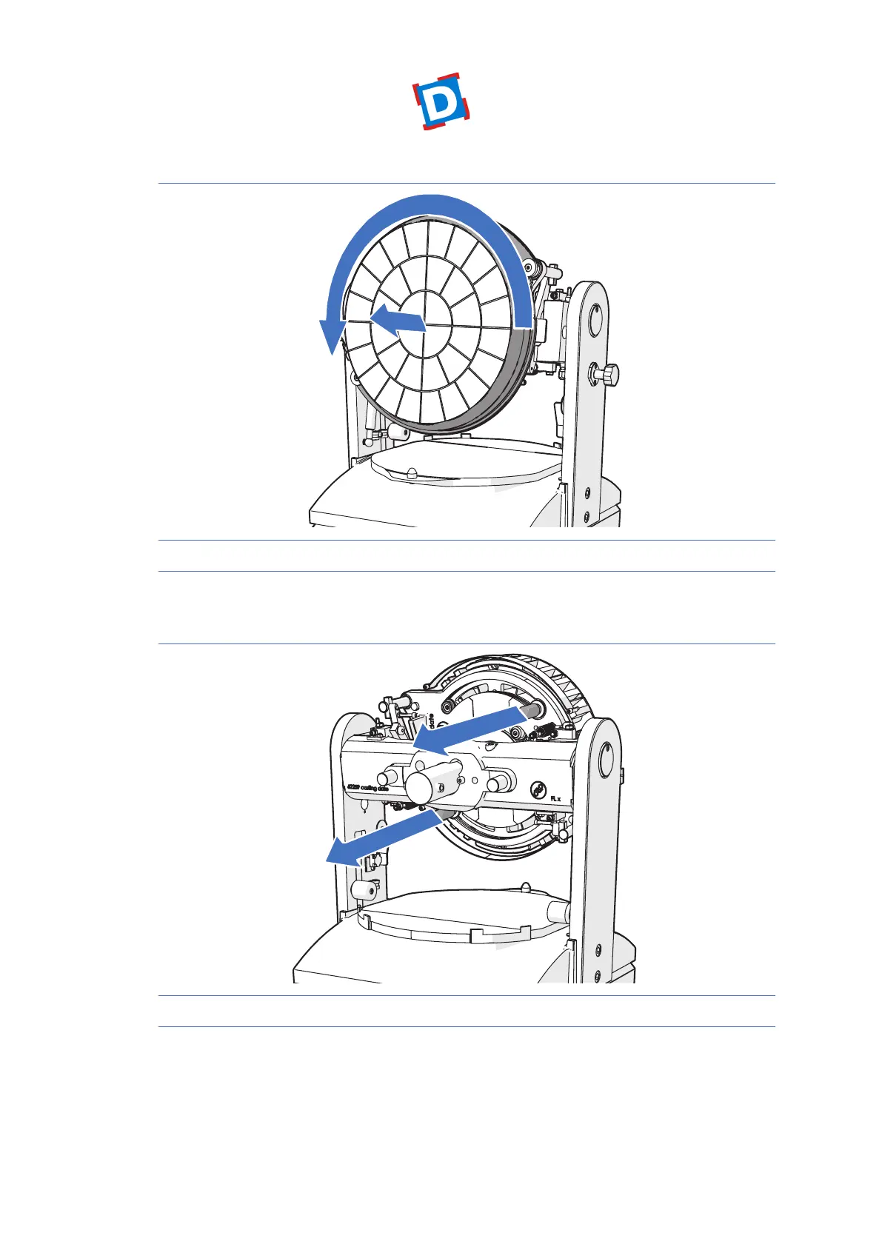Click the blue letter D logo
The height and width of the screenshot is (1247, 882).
[x=441, y=102]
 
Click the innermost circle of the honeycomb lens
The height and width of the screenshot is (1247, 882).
[x=424, y=325]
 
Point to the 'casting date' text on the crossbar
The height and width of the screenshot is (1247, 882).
[x=368, y=788]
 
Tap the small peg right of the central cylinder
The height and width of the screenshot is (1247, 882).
[x=495, y=780]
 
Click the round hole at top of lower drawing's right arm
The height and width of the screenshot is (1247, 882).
[x=607, y=760]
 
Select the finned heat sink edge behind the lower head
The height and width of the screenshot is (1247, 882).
[x=570, y=681]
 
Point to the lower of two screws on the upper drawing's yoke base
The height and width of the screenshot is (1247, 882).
[x=587, y=515]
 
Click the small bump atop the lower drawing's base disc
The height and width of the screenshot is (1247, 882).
[x=525, y=886]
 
